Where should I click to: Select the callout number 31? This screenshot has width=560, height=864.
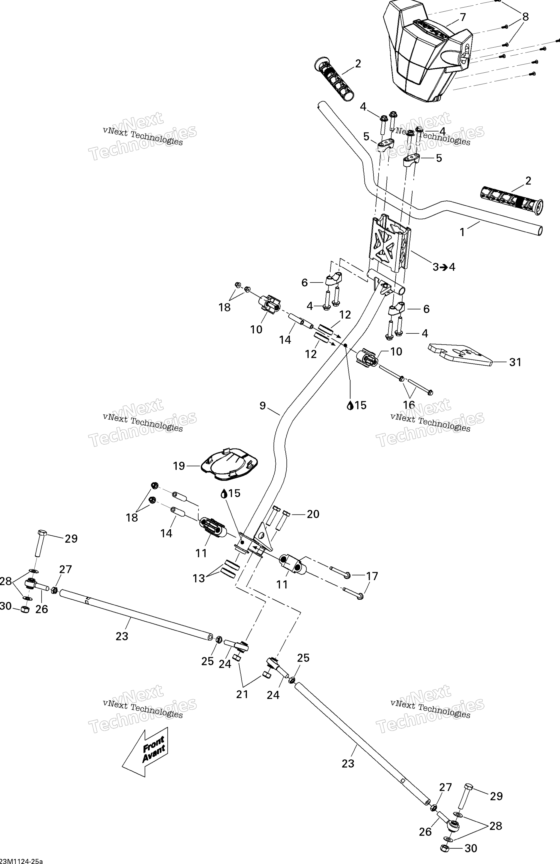515,362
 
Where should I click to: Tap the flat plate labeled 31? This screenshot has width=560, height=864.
460,354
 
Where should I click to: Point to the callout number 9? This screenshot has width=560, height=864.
263,405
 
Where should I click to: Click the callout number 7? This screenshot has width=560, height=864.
462,17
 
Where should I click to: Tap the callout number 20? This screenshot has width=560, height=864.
313,514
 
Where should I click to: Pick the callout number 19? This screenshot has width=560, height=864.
179,466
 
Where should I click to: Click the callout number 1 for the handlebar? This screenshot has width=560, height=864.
462,232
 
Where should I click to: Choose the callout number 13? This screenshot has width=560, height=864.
199,578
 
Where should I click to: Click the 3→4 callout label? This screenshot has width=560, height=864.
444,267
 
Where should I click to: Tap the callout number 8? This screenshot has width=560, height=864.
525,17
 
